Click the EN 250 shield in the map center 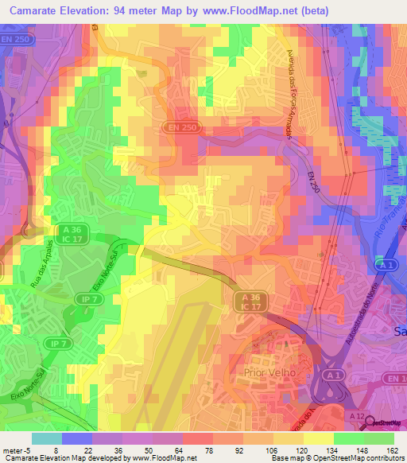coord(183,126)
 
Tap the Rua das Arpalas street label coord(44,267)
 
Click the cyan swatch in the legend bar coord(46,438)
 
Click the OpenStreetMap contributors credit coord(356,457)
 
